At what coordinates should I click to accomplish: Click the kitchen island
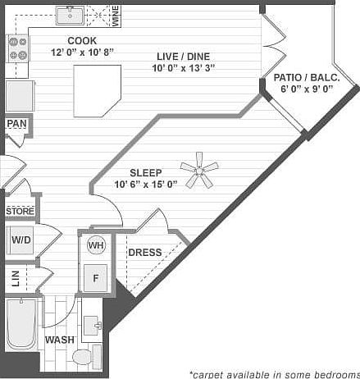tap(101, 87)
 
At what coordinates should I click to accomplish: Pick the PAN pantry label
tap(16, 124)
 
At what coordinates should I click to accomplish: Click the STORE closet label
tap(20, 212)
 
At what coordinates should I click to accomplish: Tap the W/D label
tap(21, 240)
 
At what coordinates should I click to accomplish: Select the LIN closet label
tap(16, 278)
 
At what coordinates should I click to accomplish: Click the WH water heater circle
tap(96, 245)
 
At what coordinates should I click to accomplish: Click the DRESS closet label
tap(144, 253)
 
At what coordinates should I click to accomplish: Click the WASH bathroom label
tap(60, 340)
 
